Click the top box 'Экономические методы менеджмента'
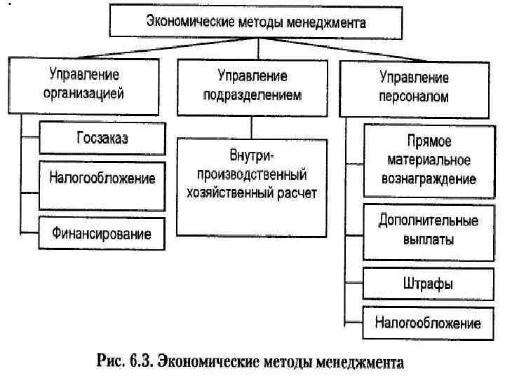pyautogui.click(x=256, y=22)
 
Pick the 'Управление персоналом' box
pyautogui.click(x=414, y=86)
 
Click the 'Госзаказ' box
pyautogui.click(x=102, y=137)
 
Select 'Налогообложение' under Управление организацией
pyautogui.click(x=102, y=179)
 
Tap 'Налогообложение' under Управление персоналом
pyautogui.click(x=428, y=323)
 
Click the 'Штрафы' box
pyautogui.click(x=428, y=283)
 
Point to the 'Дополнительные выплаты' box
pyautogui.click(x=428, y=230)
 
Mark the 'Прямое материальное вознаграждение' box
pyautogui.click(x=428, y=161)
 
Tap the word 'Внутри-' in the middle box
pyautogui.click(x=252, y=153)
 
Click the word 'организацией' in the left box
pyautogui.click(x=83, y=92)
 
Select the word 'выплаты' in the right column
pyautogui.click(x=428, y=239)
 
